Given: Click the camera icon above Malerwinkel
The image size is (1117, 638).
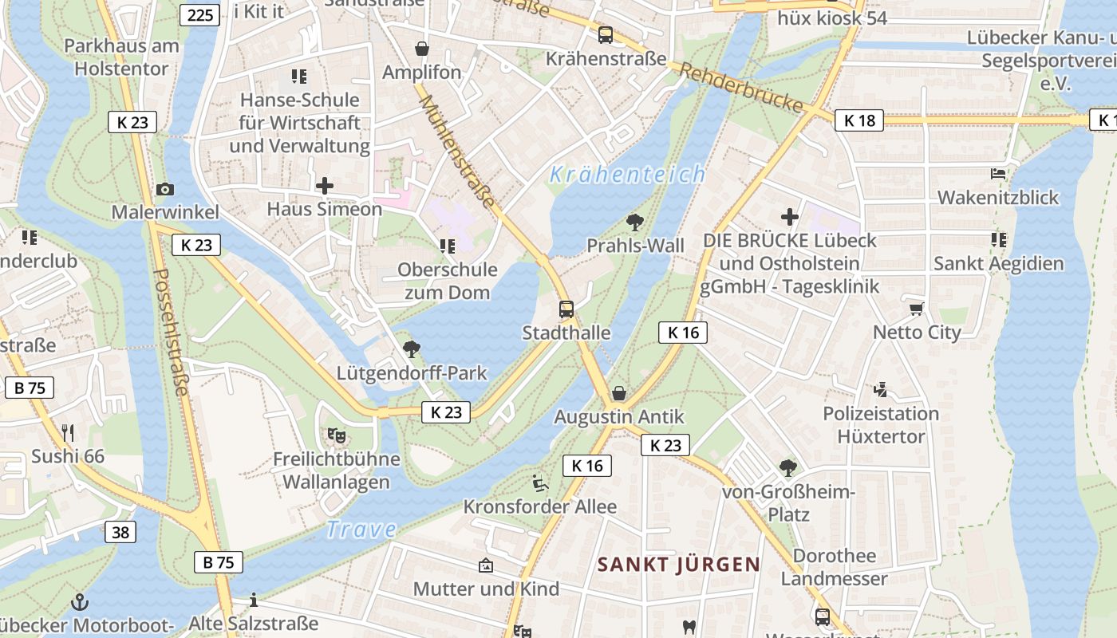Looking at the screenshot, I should [165, 189].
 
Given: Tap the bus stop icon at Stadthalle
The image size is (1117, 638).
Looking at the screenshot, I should [566, 309].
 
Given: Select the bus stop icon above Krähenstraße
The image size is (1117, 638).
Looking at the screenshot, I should [606, 35].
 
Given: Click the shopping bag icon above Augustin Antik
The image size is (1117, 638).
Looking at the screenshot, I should [618, 393].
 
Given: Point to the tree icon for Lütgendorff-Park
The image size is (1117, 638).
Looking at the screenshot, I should [412, 349].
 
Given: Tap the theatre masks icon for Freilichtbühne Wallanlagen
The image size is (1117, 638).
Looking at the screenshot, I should [337, 435].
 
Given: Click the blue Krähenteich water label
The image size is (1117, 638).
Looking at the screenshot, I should [628, 174].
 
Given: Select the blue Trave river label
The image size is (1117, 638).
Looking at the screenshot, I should [361, 529].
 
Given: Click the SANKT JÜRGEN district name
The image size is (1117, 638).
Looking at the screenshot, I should [679, 565].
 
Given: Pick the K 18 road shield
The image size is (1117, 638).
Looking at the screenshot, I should [859, 120].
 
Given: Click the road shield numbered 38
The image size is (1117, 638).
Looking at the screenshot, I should [120, 532].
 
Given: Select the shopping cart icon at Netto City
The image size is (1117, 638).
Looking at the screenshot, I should [917, 309].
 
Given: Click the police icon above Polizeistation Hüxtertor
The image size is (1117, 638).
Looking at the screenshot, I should [880, 390].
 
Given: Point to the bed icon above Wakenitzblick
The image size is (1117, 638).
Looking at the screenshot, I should [998, 173].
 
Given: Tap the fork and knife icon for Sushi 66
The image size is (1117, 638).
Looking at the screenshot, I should [68, 433].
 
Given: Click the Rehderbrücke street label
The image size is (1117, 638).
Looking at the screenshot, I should [741, 87].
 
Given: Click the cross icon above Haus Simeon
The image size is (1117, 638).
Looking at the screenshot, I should [325, 186].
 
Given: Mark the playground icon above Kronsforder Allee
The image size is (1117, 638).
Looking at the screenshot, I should [540, 483].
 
